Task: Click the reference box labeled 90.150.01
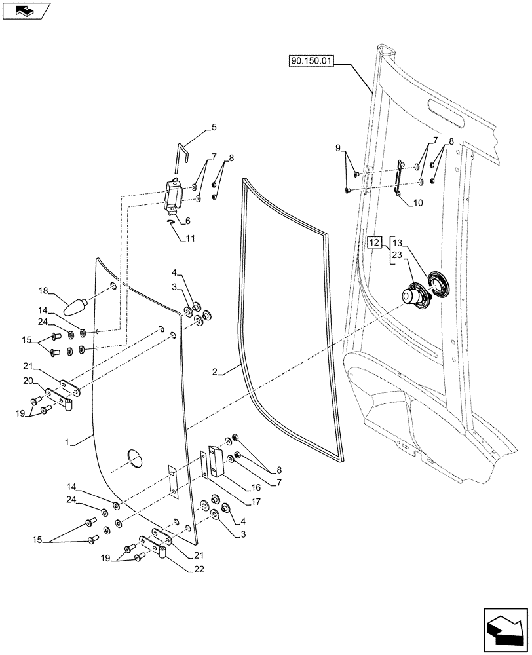click(311, 62)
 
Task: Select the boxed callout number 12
click(374, 242)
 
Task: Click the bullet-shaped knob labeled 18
click(76, 306)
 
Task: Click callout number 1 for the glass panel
click(70, 443)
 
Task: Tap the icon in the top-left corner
click(26, 10)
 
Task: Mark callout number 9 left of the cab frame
click(339, 149)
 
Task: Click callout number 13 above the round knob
click(398, 242)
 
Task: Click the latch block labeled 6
click(173, 196)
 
